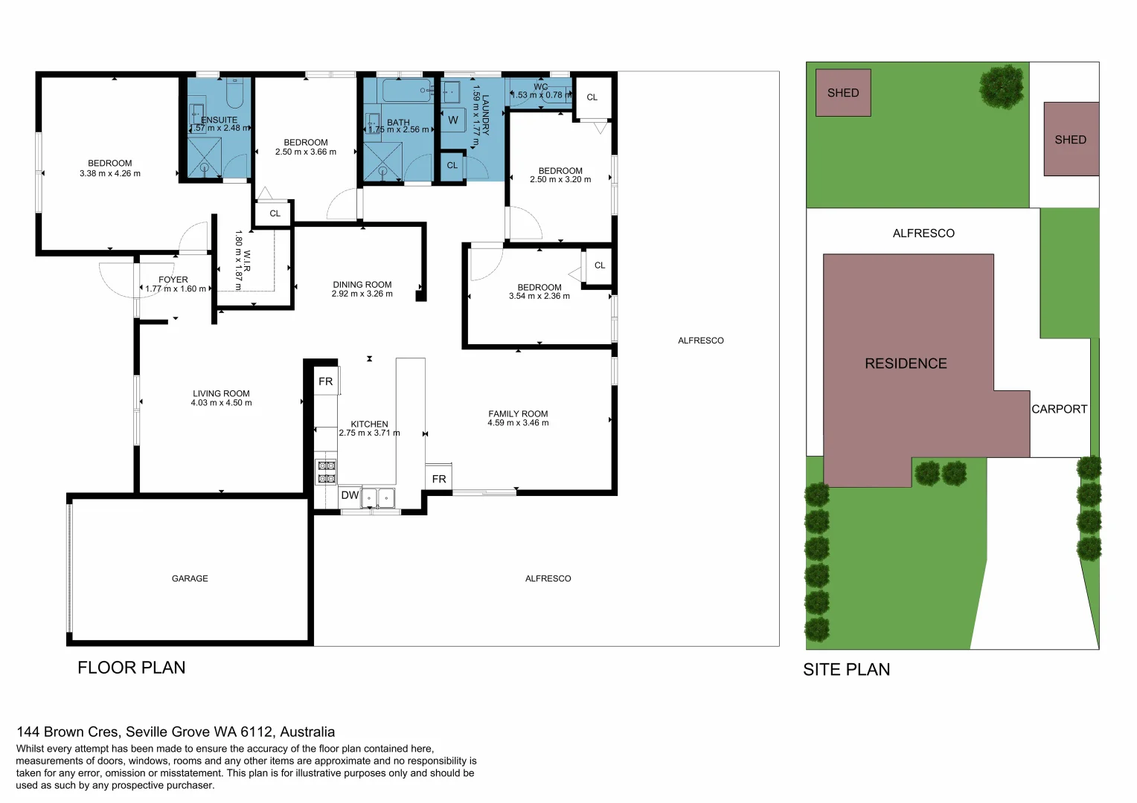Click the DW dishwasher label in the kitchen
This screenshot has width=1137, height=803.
click(350, 495)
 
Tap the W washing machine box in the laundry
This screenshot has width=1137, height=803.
click(452, 120)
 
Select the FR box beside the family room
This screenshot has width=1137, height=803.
click(439, 479)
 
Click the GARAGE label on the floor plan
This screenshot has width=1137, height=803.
click(190, 578)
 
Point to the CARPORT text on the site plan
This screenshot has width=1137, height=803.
click(1059, 409)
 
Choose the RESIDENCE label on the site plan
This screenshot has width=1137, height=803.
click(906, 364)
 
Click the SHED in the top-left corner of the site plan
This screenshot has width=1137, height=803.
click(843, 93)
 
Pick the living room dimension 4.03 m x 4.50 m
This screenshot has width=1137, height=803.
click(221, 403)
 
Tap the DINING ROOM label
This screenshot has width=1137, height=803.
click(362, 285)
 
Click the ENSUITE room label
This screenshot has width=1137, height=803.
click(219, 120)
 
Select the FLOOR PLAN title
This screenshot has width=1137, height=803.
click(132, 668)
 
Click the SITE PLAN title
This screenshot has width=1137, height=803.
click(846, 670)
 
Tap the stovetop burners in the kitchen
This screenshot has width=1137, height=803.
click(326, 472)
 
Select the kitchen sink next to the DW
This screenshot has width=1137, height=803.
click(378, 497)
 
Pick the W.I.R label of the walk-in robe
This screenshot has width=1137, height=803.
click(247, 260)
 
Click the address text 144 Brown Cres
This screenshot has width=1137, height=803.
click(176, 732)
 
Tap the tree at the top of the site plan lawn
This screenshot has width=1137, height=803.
click(1002, 86)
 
